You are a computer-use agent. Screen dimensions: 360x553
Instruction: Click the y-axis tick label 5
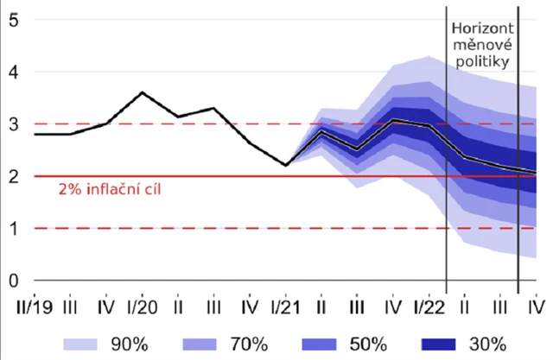tap(14, 21)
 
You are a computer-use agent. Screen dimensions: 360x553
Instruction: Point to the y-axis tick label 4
tap(14, 73)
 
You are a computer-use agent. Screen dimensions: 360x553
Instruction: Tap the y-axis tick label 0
tap(14, 281)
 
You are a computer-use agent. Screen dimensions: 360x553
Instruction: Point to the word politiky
tap(482, 62)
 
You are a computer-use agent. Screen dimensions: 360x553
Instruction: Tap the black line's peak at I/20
tap(142, 92)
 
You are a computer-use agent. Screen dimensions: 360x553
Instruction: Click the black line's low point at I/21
tap(285, 165)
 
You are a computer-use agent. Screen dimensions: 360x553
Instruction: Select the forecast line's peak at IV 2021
tap(393, 120)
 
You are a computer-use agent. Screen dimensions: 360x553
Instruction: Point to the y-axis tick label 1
tap(14, 229)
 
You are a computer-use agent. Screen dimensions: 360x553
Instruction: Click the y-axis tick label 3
tap(14, 124)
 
